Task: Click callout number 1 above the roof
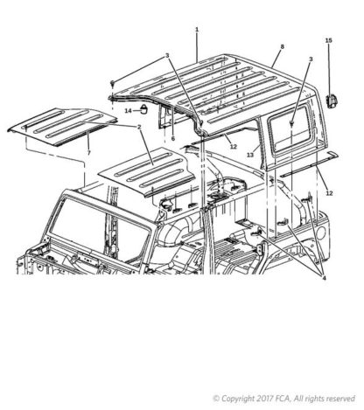coord(197,30)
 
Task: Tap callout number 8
coord(282,46)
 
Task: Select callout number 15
coord(329,40)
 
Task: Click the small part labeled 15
coord(331,101)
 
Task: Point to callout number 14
coord(129,111)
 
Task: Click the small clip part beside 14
coord(143,109)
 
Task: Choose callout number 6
coord(173,139)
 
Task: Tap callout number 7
coord(89,152)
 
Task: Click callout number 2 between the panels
coord(139,127)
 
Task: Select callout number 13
coord(250,155)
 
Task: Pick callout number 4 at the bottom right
coord(324,278)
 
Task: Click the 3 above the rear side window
coord(311,59)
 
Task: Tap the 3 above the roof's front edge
coord(167,55)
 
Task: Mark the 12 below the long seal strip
coord(329,193)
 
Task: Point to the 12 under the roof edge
coord(234,147)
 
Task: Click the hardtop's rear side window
coord(290,129)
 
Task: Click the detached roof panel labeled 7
coord(62,127)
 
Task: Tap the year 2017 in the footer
coord(264,398)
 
